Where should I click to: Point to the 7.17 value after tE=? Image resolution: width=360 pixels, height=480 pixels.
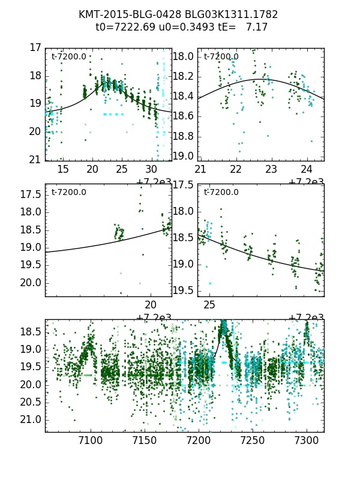point(257,27)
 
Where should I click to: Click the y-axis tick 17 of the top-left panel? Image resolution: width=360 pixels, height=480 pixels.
point(35,47)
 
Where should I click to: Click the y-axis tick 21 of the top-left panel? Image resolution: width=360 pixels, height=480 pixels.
point(35,160)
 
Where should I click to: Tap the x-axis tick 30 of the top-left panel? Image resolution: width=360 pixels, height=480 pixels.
point(151,170)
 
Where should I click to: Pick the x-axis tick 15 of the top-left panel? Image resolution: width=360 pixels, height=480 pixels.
point(62,170)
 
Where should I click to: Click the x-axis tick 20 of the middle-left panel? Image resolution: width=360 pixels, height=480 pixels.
point(151,305)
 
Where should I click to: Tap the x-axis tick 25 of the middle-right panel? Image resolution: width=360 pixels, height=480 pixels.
point(209,305)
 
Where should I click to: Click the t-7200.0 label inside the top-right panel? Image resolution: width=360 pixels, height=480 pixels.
point(221,57)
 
